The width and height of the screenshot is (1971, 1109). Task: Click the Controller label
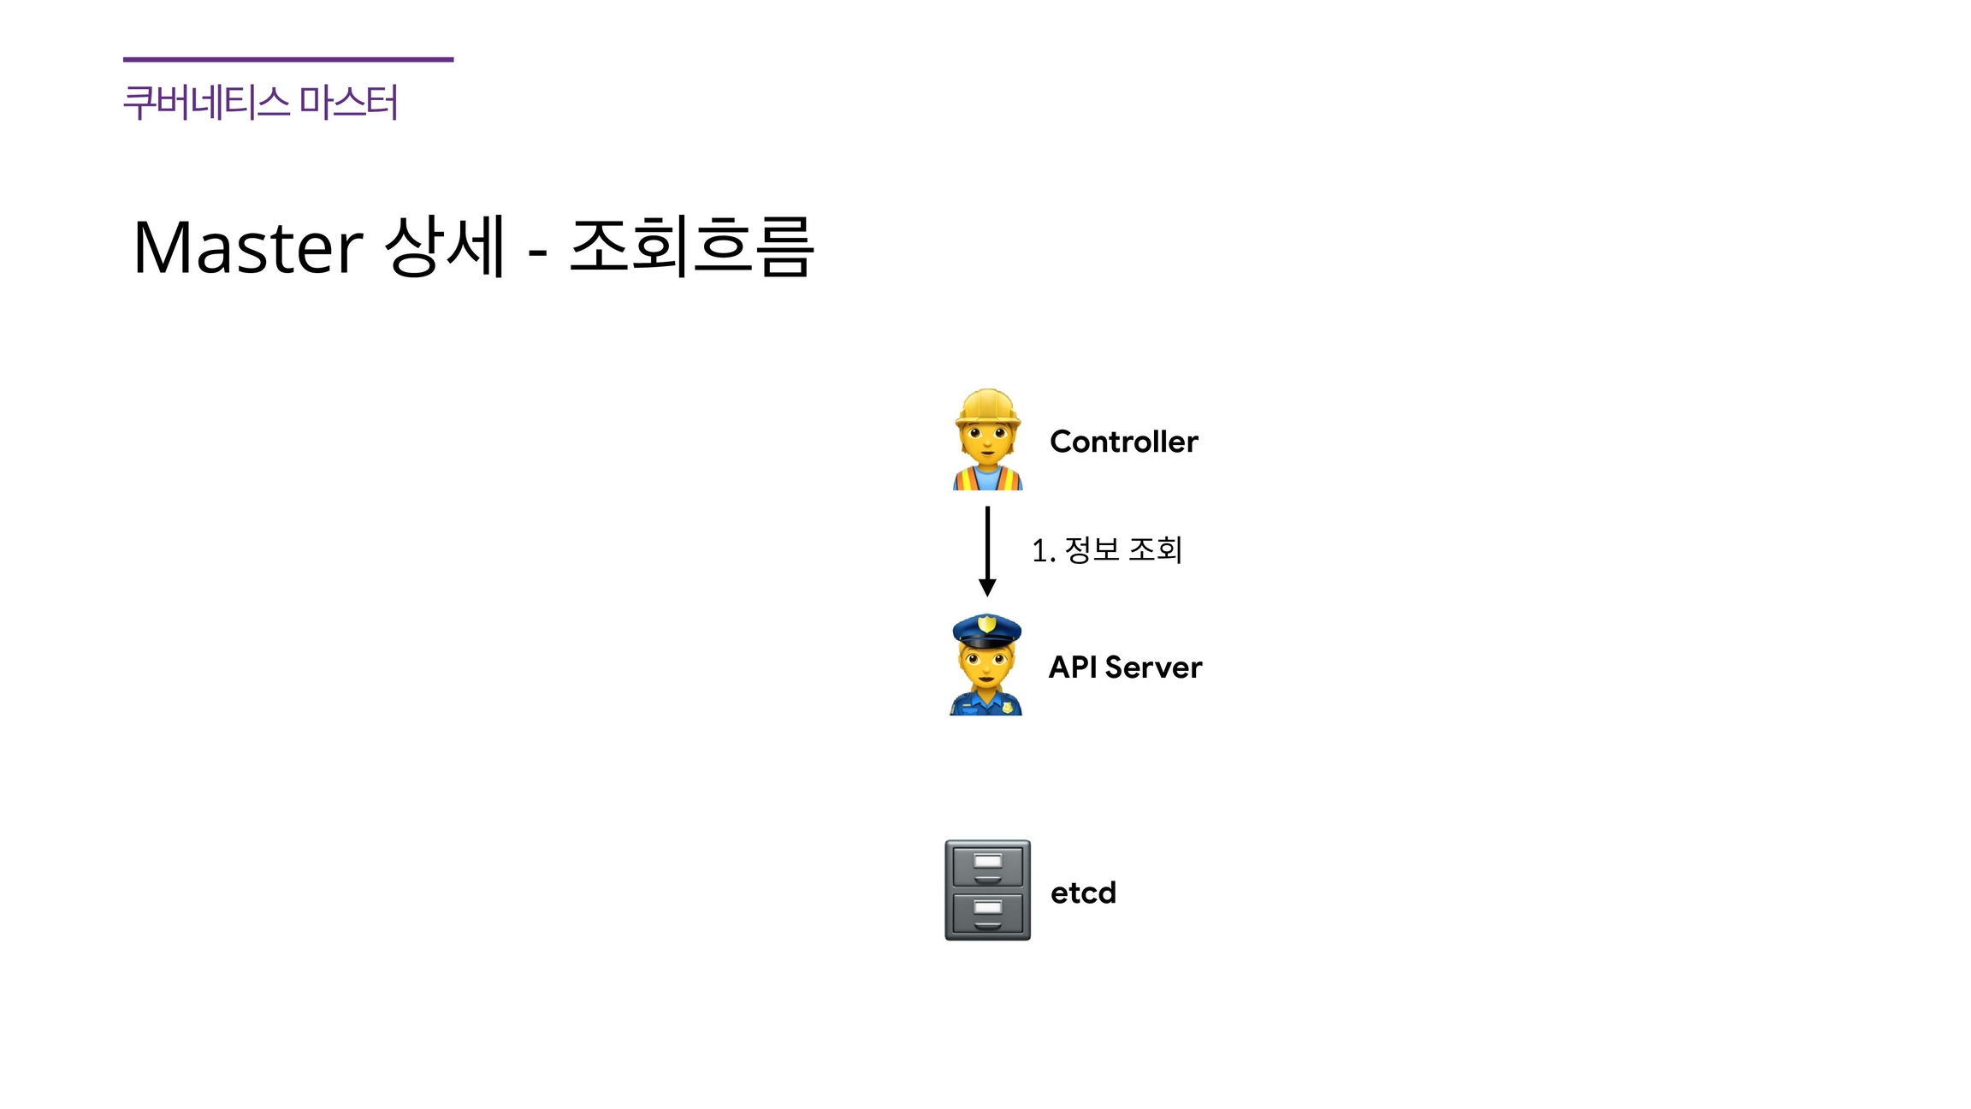click(1123, 442)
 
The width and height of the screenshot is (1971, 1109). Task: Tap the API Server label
click(1125, 667)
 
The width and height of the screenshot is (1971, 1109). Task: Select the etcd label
click(1083, 893)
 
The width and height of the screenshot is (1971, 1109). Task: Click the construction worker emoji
click(987, 440)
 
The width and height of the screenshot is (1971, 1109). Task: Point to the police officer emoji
click(986, 666)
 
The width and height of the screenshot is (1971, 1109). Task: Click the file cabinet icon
click(987, 890)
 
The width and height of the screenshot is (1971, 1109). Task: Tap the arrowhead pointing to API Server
click(987, 587)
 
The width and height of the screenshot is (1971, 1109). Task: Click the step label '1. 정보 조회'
click(1107, 549)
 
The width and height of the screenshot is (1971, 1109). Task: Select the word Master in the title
click(248, 247)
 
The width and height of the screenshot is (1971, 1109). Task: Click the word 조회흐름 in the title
click(691, 247)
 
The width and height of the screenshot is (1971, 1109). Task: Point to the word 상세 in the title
click(445, 247)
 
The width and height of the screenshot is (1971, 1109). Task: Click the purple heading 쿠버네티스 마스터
click(260, 103)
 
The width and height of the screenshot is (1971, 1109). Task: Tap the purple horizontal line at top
click(288, 59)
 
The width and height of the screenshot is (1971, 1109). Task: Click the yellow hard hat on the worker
click(987, 406)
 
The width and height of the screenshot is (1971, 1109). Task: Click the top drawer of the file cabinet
click(987, 865)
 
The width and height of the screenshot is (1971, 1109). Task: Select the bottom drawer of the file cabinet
click(987, 914)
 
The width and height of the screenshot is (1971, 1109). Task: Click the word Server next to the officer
click(1153, 667)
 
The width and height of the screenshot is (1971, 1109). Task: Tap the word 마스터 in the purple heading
click(348, 103)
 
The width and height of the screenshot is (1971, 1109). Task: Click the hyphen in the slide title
click(537, 252)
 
